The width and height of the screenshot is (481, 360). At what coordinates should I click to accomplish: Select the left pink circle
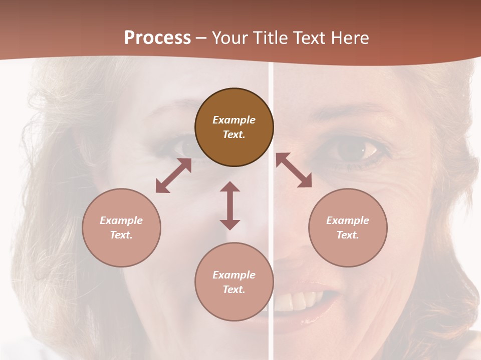click(x=121, y=227)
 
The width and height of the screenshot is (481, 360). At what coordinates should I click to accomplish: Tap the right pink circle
click(x=348, y=227)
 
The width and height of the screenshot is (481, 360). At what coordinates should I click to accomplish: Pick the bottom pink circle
click(x=234, y=282)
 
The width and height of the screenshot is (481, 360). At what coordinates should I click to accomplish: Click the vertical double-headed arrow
click(x=230, y=205)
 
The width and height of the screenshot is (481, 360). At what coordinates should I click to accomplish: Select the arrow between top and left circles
click(x=173, y=176)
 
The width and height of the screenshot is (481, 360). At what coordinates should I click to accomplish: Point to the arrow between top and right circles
click(x=294, y=170)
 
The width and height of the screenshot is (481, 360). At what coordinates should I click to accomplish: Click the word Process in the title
click(x=157, y=38)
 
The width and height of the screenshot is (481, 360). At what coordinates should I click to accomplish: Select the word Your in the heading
click(x=230, y=38)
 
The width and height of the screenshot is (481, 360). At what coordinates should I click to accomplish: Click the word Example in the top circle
click(x=234, y=120)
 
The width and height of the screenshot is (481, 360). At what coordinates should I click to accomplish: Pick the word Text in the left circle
click(x=121, y=235)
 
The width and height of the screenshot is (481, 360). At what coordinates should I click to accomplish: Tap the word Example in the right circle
click(x=348, y=220)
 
